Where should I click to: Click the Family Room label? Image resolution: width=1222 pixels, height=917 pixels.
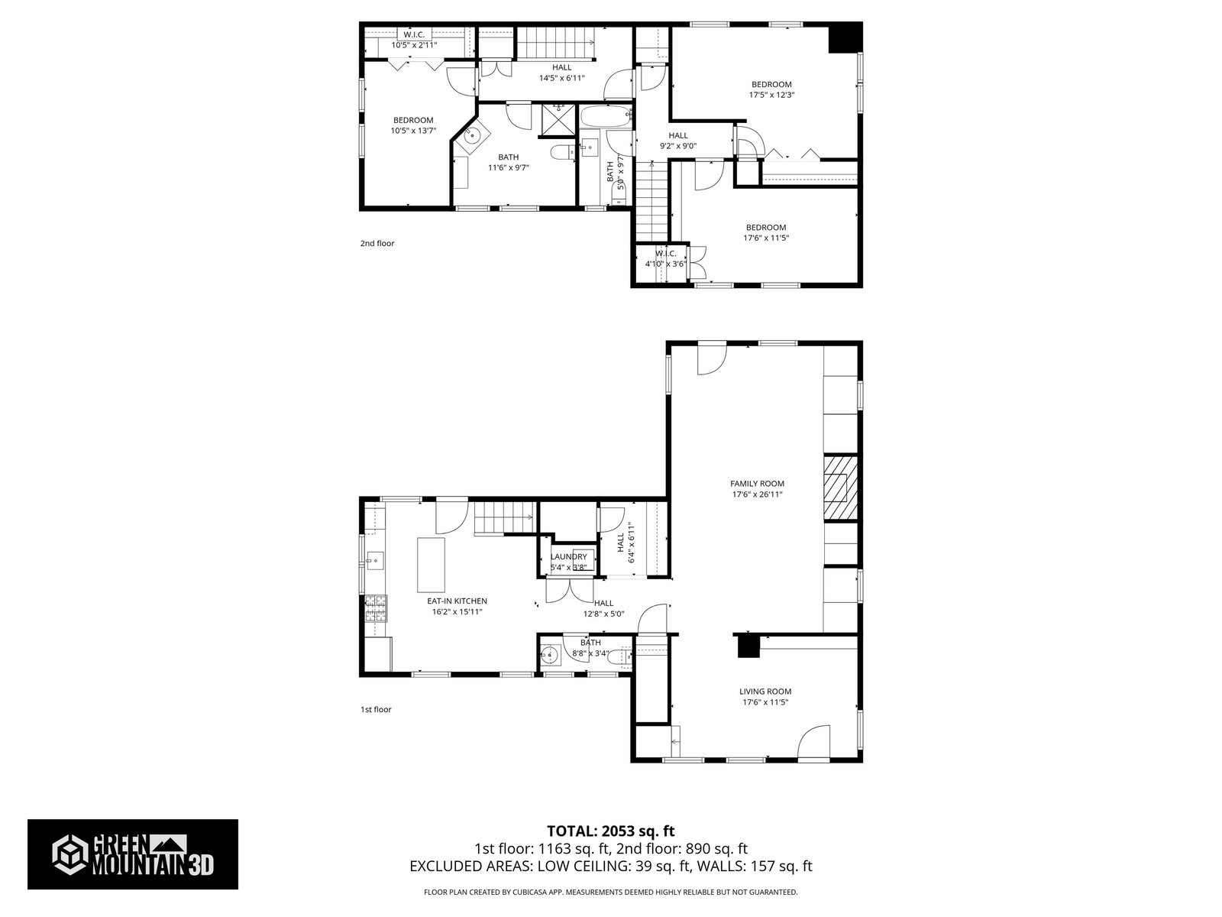click(x=757, y=484)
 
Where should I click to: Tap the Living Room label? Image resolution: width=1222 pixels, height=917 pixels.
click(x=765, y=692)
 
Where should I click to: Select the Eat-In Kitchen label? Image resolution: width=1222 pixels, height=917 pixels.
click(x=457, y=601)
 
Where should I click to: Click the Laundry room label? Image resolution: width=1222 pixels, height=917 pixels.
click(x=568, y=557)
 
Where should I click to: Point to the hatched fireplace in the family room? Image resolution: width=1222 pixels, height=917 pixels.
click(x=840, y=488)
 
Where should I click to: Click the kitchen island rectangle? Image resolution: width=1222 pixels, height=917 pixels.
click(x=431, y=565)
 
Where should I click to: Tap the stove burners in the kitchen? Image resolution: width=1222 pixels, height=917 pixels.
click(x=376, y=608)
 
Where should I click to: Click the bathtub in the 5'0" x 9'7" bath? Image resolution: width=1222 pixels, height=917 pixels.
click(x=606, y=118)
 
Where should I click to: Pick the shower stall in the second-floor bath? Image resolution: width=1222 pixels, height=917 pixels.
click(x=558, y=120)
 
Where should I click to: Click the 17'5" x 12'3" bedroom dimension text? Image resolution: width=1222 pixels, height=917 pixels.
click(x=771, y=96)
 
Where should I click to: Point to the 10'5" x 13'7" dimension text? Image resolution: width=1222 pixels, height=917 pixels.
click(x=413, y=131)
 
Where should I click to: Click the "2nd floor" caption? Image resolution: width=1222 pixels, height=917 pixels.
click(x=377, y=243)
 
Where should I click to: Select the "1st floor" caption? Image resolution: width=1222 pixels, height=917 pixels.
click(x=376, y=709)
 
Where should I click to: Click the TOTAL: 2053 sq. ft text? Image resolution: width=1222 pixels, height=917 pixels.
click(x=611, y=831)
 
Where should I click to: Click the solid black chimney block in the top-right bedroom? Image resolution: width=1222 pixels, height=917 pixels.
click(x=845, y=38)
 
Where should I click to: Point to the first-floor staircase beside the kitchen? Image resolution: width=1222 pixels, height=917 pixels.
click(x=504, y=517)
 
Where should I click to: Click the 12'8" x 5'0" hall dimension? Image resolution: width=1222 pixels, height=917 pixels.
click(x=603, y=614)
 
